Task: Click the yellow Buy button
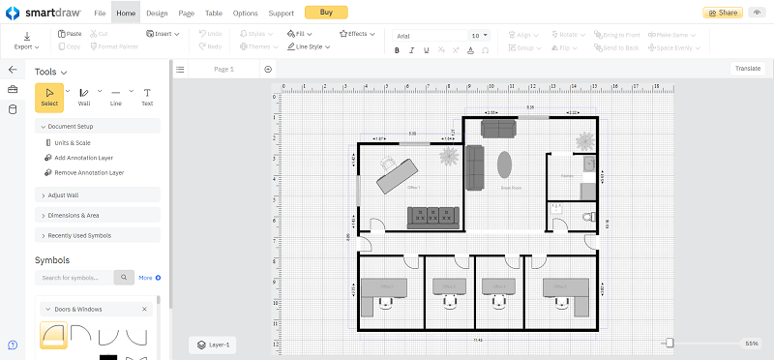point(326,13)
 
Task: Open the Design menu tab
point(157,14)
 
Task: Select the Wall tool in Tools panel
point(84,96)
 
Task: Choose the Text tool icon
point(147,96)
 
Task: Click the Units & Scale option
point(73,142)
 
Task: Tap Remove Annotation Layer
point(88,172)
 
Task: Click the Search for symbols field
point(75,278)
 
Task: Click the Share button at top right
point(724,13)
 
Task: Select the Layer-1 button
point(211,344)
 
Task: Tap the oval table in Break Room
point(506,165)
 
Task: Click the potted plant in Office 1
point(448,155)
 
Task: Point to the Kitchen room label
point(566,175)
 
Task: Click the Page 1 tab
point(223,69)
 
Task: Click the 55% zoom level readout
point(752,344)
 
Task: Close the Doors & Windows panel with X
point(145,309)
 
